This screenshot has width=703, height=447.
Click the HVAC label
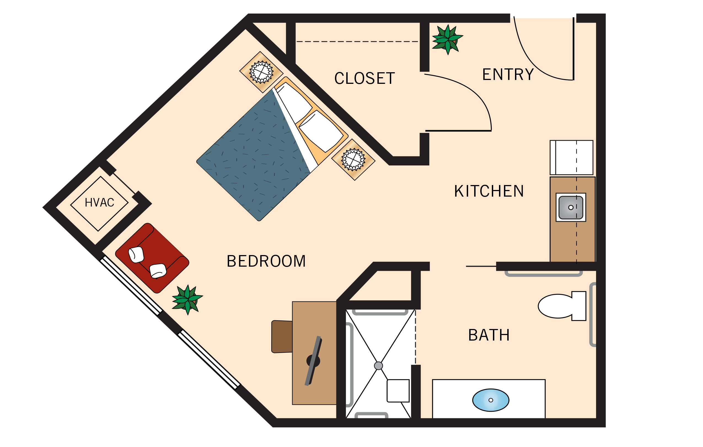coord(99,203)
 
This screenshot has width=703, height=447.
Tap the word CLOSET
coord(364,79)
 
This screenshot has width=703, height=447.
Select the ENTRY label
coord(508,74)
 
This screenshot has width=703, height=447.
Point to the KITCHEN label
coord(489,191)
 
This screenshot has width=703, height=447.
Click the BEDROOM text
coord(266,261)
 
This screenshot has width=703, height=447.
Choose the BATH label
coord(489,335)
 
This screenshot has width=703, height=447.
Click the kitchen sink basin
coord(571,207)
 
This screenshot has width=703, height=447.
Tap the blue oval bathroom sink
coord(491,400)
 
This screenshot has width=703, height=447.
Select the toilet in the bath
coord(560,306)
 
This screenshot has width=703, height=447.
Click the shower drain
coord(378,366)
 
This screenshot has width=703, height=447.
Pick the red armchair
coord(152,258)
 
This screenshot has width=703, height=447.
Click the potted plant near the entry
coord(447,40)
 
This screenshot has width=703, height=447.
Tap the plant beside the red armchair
coord(187,299)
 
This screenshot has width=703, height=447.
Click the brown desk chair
coord(282,337)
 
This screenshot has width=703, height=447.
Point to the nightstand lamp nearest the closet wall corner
coord(353,159)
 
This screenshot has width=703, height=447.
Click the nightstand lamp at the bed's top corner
coord(261,72)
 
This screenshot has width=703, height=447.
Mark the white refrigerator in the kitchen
coord(571,158)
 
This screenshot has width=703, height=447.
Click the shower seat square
coord(398,391)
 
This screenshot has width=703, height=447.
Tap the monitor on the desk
coord(313,361)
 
